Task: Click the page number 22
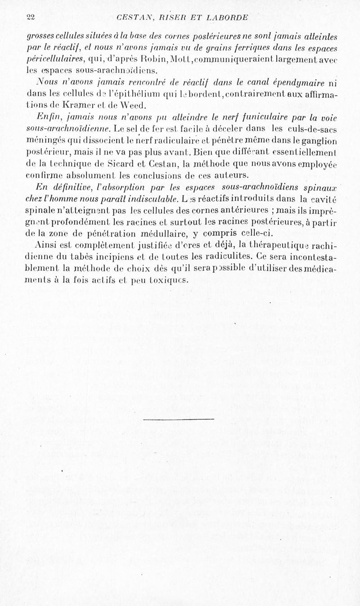[x=31, y=18]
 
